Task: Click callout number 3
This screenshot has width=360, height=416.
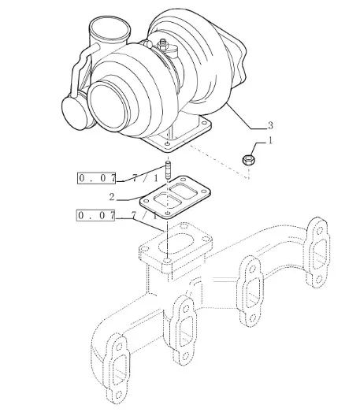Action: pos(270,125)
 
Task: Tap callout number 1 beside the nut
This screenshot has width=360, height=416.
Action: pos(270,140)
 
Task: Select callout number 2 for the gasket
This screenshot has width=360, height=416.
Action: pos(112,197)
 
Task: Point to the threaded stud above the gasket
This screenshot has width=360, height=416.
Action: pos(169,170)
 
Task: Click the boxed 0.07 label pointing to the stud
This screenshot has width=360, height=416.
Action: pos(97,178)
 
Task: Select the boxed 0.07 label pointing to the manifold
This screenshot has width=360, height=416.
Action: pos(96,215)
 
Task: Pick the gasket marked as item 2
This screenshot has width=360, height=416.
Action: pos(175,197)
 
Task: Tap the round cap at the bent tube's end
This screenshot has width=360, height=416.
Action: pos(75,113)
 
